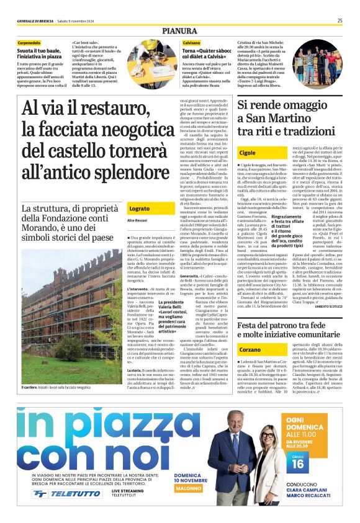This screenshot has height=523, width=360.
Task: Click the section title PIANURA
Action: pos(179,30)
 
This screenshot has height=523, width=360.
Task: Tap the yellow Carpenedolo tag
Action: pos(34,42)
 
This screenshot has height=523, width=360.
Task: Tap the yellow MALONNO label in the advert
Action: pos(192,488)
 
